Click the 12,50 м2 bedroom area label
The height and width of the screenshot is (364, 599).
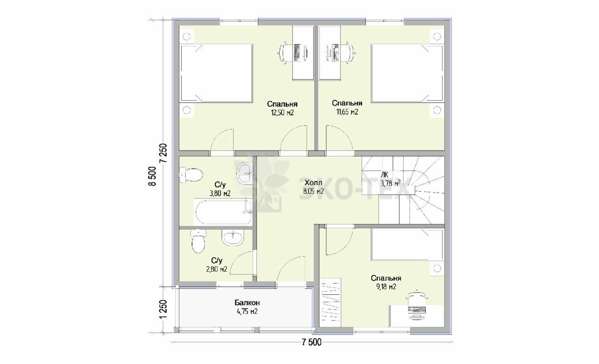pyautogui.click(x=282, y=112)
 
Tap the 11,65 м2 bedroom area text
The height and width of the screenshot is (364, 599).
pyautogui.click(x=347, y=112)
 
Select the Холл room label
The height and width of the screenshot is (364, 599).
pyautogui.click(x=314, y=183)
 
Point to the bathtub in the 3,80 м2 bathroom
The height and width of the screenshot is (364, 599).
pyautogui.click(x=223, y=212)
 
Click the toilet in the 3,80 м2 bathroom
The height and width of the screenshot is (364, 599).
pyautogui.click(x=190, y=175)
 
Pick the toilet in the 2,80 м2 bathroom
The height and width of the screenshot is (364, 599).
pyautogui.click(x=198, y=241)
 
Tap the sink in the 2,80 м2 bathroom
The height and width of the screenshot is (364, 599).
pyautogui.click(x=233, y=238)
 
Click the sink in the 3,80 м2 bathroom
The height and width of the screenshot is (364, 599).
pyautogui.click(x=244, y=174)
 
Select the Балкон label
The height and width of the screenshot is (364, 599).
pyautogui.click(x=247, y=303)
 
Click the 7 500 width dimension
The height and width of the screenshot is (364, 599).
pyautogui.click(x=311, y=342)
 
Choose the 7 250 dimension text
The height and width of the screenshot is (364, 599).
pyautogui.click(x=163, y=153)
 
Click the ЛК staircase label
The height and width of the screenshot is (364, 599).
pyautogui.click(x=385, y=175)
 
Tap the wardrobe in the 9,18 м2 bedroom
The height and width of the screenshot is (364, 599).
pyautogui.click(x=330, y=302)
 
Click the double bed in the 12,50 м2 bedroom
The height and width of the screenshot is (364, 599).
pyautogui.click(x=216, y=73)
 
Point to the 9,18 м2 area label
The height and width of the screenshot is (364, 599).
pyautogui.click(x=386, y=287)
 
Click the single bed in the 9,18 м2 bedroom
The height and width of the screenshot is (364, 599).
pyautogui.click(x=407, y=244)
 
